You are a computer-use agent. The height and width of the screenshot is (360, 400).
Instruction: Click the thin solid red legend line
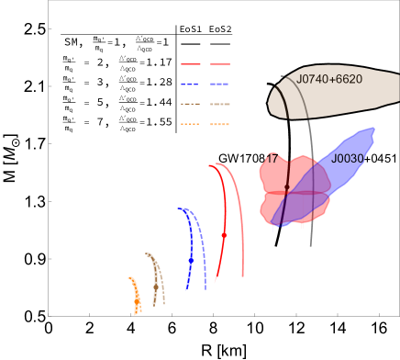point(191,64)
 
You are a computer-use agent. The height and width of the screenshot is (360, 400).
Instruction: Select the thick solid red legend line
point(220,63)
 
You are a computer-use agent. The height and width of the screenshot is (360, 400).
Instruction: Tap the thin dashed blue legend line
point(191,84)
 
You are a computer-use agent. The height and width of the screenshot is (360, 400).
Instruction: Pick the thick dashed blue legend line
point(220,84)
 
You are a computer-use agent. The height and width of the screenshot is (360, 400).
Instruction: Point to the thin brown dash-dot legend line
point(191,104)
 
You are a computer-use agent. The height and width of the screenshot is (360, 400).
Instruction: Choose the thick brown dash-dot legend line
point(220,104)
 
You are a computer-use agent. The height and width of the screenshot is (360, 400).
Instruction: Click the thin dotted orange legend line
point(191,124)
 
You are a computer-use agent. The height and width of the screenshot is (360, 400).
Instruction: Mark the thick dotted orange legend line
point(220,124)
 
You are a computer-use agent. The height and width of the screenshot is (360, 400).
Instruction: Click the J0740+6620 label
point(329,80)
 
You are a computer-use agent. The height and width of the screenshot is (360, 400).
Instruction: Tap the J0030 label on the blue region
point(348,159)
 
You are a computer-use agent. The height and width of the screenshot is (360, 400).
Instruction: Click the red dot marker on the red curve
point(224,236)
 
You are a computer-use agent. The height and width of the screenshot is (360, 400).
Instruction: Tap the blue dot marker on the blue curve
point(191,261)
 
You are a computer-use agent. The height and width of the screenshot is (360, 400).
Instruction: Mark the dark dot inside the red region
point(287,187)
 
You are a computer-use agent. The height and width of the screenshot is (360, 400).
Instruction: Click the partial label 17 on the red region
point(272,159)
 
